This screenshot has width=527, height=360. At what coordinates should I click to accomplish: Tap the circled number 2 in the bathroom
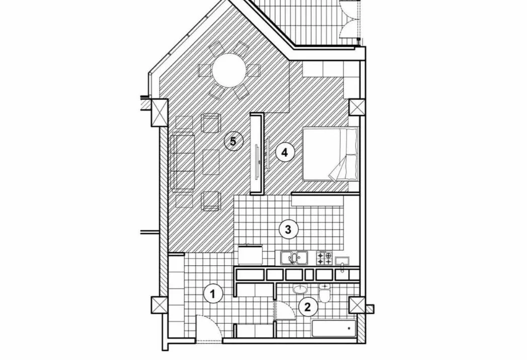(308, 307)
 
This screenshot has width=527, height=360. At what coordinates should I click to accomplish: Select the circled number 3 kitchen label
(288, 230)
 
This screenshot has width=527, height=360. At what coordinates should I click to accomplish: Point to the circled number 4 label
(285, 153)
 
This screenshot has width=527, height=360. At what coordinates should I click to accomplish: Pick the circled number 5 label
(233, 141)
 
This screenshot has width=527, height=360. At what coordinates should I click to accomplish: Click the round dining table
(229, 70)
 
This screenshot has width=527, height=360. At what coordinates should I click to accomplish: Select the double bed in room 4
(330, 154)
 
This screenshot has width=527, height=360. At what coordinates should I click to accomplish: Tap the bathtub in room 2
(334, 328)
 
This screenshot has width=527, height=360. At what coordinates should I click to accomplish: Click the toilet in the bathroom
(324, 293)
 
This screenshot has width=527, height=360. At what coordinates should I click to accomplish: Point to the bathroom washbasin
(300, 289)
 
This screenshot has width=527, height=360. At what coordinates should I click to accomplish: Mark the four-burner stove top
(324, 258)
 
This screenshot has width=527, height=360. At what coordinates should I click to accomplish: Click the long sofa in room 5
(183, 162)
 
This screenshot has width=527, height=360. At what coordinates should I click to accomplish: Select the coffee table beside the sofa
(211, 162)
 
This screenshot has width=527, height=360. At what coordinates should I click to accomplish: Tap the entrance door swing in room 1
(208, 328)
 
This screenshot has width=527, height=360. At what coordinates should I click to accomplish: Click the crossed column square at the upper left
(160, 113)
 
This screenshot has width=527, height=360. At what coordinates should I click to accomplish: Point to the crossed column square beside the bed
(356, 108)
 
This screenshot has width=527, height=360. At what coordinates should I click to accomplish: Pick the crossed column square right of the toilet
(357, 305)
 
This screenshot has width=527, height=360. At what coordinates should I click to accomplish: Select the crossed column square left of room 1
(160, 305)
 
